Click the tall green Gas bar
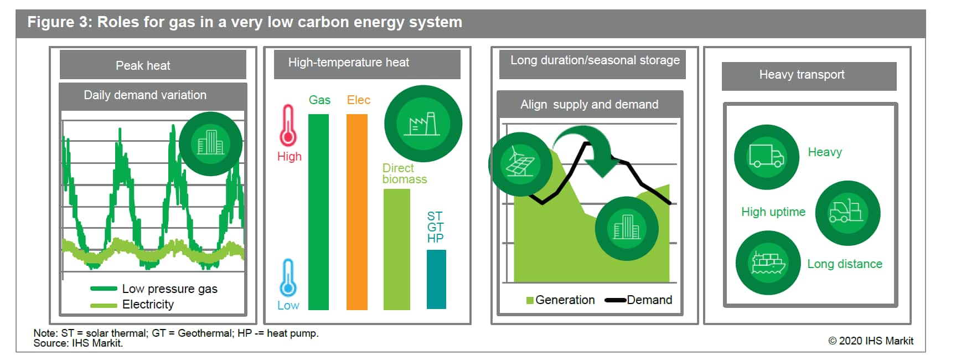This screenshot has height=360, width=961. coord(318,212)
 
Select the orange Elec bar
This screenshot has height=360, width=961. coord(357,212)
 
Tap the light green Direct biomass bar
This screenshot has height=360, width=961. coord(397,249)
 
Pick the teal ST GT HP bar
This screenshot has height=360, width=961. coord(436,279)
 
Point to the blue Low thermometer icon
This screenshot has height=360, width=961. coord(288,278)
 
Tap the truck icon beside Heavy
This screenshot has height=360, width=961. coord(767,157)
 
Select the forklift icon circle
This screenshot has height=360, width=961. coord(848,213)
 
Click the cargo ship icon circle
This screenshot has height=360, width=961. coord(768,263)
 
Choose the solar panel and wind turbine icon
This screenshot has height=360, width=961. coord(520,164)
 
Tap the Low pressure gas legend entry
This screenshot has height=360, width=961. coord(154,289)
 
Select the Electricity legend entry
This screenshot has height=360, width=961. coord(132,304)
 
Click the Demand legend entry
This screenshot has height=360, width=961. coord(638,300)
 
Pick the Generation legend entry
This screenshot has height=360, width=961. coord(560,300)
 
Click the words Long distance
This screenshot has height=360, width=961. coord(845,264)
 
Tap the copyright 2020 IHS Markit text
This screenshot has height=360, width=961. coord(871,341)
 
